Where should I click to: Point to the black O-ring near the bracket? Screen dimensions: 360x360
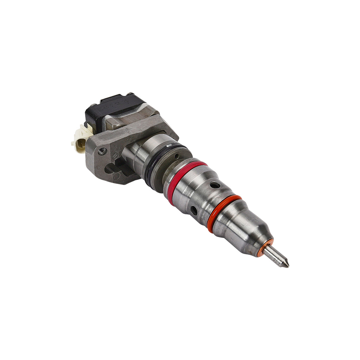162,163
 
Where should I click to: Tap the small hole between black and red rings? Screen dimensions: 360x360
176,155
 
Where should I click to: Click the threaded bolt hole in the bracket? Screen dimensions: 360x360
102,152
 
